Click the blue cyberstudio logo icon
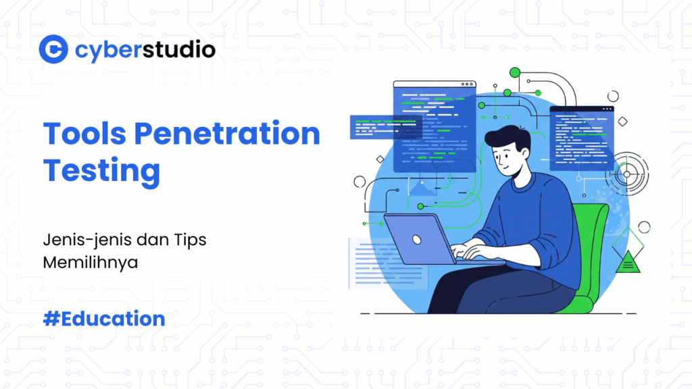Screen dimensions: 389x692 [x=53, y=49]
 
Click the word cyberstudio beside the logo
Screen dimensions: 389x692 [x=145, y=49]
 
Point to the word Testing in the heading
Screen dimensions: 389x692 [x=101, y=170]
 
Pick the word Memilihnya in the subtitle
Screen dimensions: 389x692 [x=90, y=262]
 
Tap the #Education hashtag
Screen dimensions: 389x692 [x=103, y=318]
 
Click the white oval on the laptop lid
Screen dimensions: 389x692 [x=417, y=239]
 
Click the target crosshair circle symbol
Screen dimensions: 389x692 [x=626, y=174]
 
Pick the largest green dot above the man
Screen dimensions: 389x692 [x=514, y=72]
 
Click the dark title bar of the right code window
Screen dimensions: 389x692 [x=581, y=110]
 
